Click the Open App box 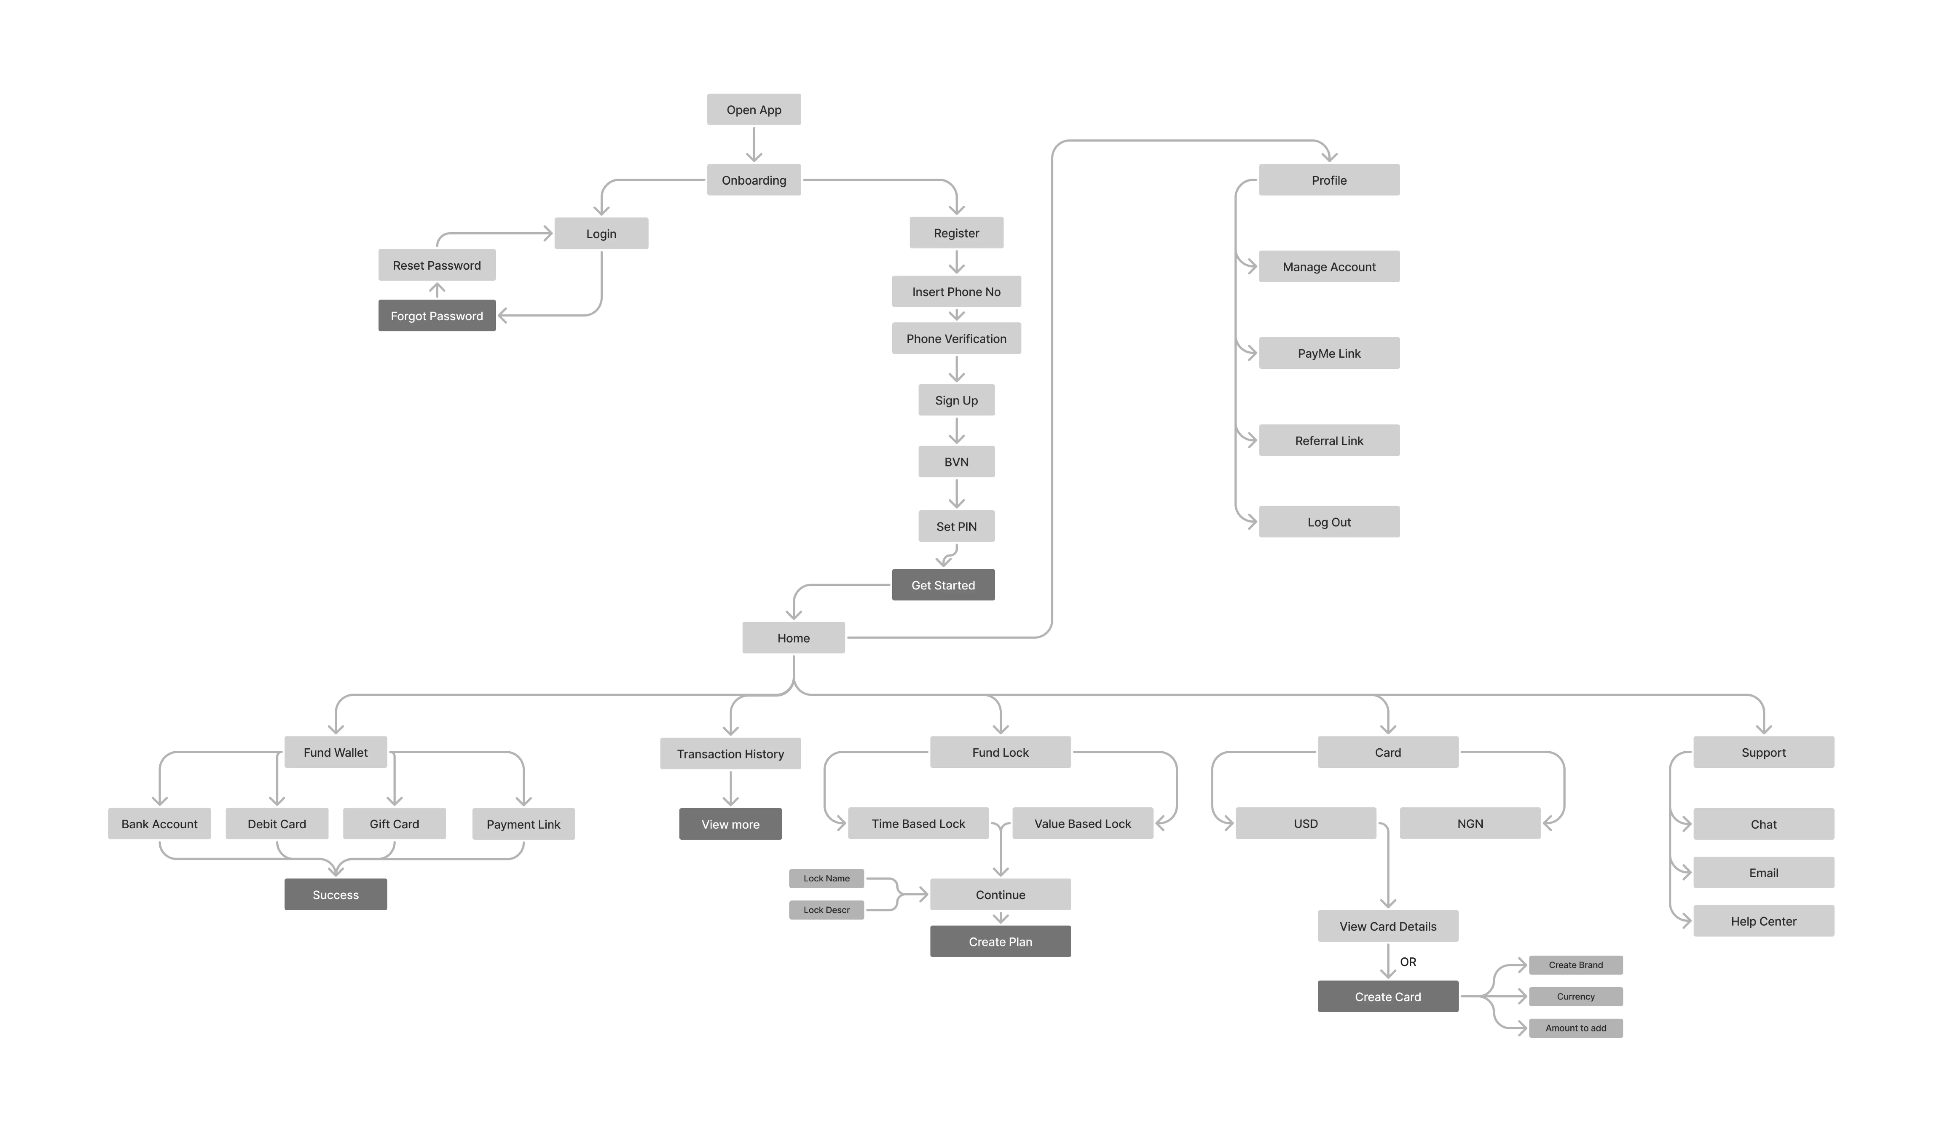(x=754, y=109)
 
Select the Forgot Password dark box (x=437, y=315)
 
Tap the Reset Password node (x=437, y=265)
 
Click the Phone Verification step (x=956, y=338)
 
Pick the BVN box (x=956, y=462)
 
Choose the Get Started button (x=943, y=585)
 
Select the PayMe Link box (x=1329, y=353)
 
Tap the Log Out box (x=1329, y=522)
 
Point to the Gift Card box (x=394, y=824)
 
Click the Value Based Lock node (x=1083, y=823)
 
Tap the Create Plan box (x=1000, y=942)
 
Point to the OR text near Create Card (x=1408, y=962)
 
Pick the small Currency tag (x=1576, y=996)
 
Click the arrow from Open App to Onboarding (x=754, y=144)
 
